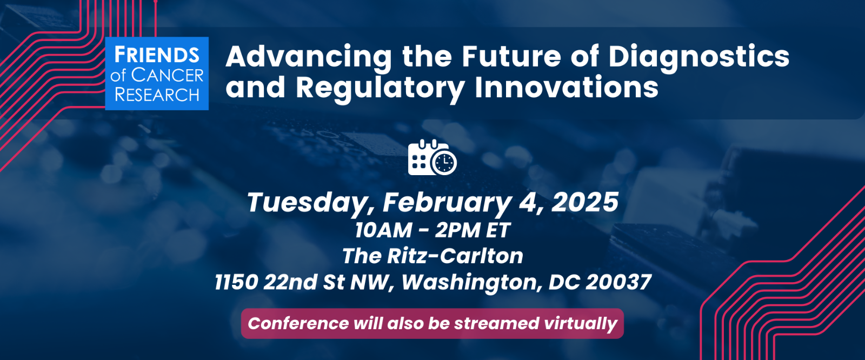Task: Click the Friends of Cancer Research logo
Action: point(157,74)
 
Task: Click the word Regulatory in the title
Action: point(380,89)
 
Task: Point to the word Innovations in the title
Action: point(567,87)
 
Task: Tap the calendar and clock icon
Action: point(432,157)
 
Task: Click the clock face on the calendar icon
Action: point(444,163)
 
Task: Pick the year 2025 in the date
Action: point(585,202)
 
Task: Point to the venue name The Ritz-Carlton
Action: point(432,256)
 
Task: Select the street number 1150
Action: point(236,282)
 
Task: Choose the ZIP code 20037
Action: point(618,282)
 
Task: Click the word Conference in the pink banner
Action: point(298,323)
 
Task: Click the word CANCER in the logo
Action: point(167,76)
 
